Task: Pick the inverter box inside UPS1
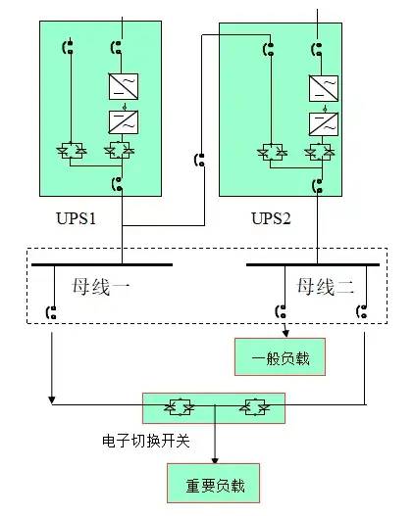pyautogui.click(x=123, y=122)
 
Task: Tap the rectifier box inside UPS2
pyautogui.click(x=323, y=89)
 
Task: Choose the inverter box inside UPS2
pyautogui.click(x=323, y=124)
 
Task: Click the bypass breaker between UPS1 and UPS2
pyautogui.click(x=200, y=159)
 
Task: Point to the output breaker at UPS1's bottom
pyautogui.click(x=118, y=182)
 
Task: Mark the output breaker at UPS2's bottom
pyautogui.click(x=317, y=184)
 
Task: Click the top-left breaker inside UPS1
pyautogui.click(x=69, y=45)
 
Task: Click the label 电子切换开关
pyautogui.click(x=145, y=441)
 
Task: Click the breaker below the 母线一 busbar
pyautogui.click(x=50, y=312)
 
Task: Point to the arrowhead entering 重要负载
pyautogui.click(x=215, y=460)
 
